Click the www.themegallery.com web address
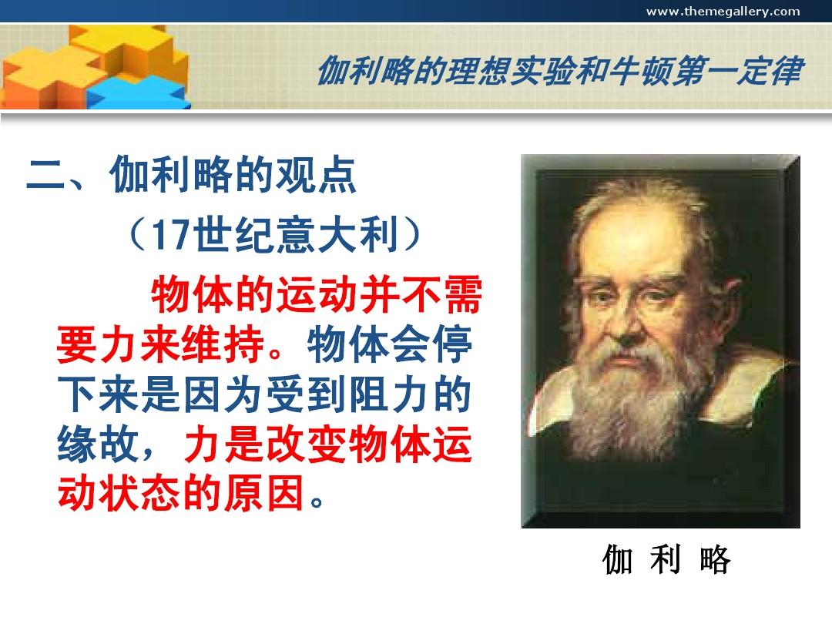(x=723, y=12)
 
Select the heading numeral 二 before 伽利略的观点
(x=45, y=175)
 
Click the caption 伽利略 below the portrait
(x=666, y=559)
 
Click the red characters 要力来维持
(x=161, y=344)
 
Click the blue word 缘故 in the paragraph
(x=98, y=445)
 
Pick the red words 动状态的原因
(x=180, y=494)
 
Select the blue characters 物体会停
(x=390, y=344)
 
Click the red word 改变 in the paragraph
(x=306, y=445)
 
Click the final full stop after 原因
(x=317, y=501)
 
